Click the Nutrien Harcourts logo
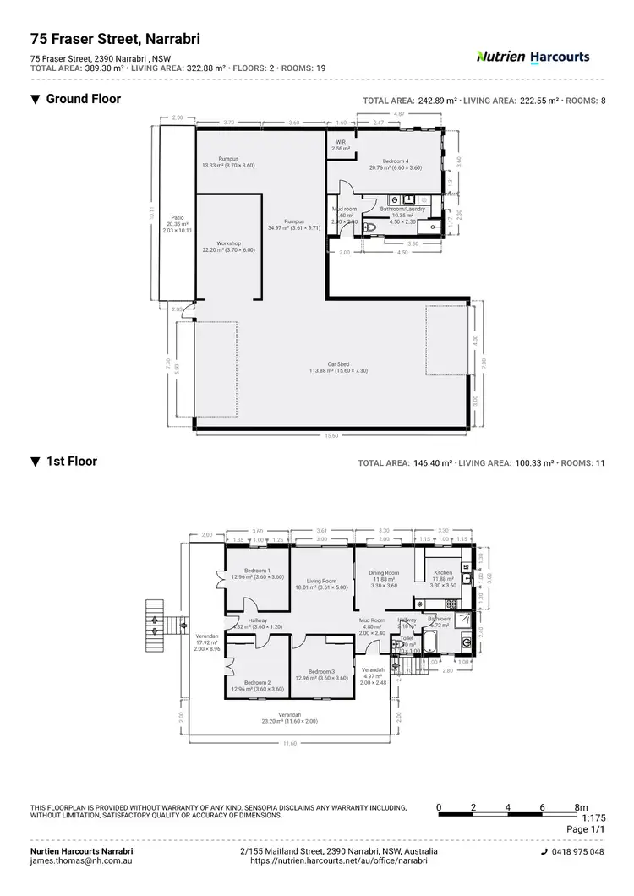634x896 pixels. click(x=533, y=57)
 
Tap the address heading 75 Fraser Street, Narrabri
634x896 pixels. click(x=116, y=38)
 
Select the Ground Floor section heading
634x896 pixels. click(x=83, y=99)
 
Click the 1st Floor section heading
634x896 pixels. click(x=71, y=462)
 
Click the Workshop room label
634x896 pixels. click(x=228, y=243)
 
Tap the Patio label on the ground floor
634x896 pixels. click(x=177, y=217)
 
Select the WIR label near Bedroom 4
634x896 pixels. click(x=341, y=142)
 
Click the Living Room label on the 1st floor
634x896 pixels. click(x=321, y=581)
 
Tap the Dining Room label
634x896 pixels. click(x=384, y=573)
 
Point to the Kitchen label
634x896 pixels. click(x=443, y=573)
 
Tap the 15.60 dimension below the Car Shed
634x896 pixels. click(x=331, y=436)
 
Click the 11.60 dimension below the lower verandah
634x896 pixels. click(x=290, y=743)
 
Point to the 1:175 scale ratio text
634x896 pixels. click(x=594, y=819)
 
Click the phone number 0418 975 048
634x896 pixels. click(x=578, y=852)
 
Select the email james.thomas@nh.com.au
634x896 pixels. click(x=81, y=860)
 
